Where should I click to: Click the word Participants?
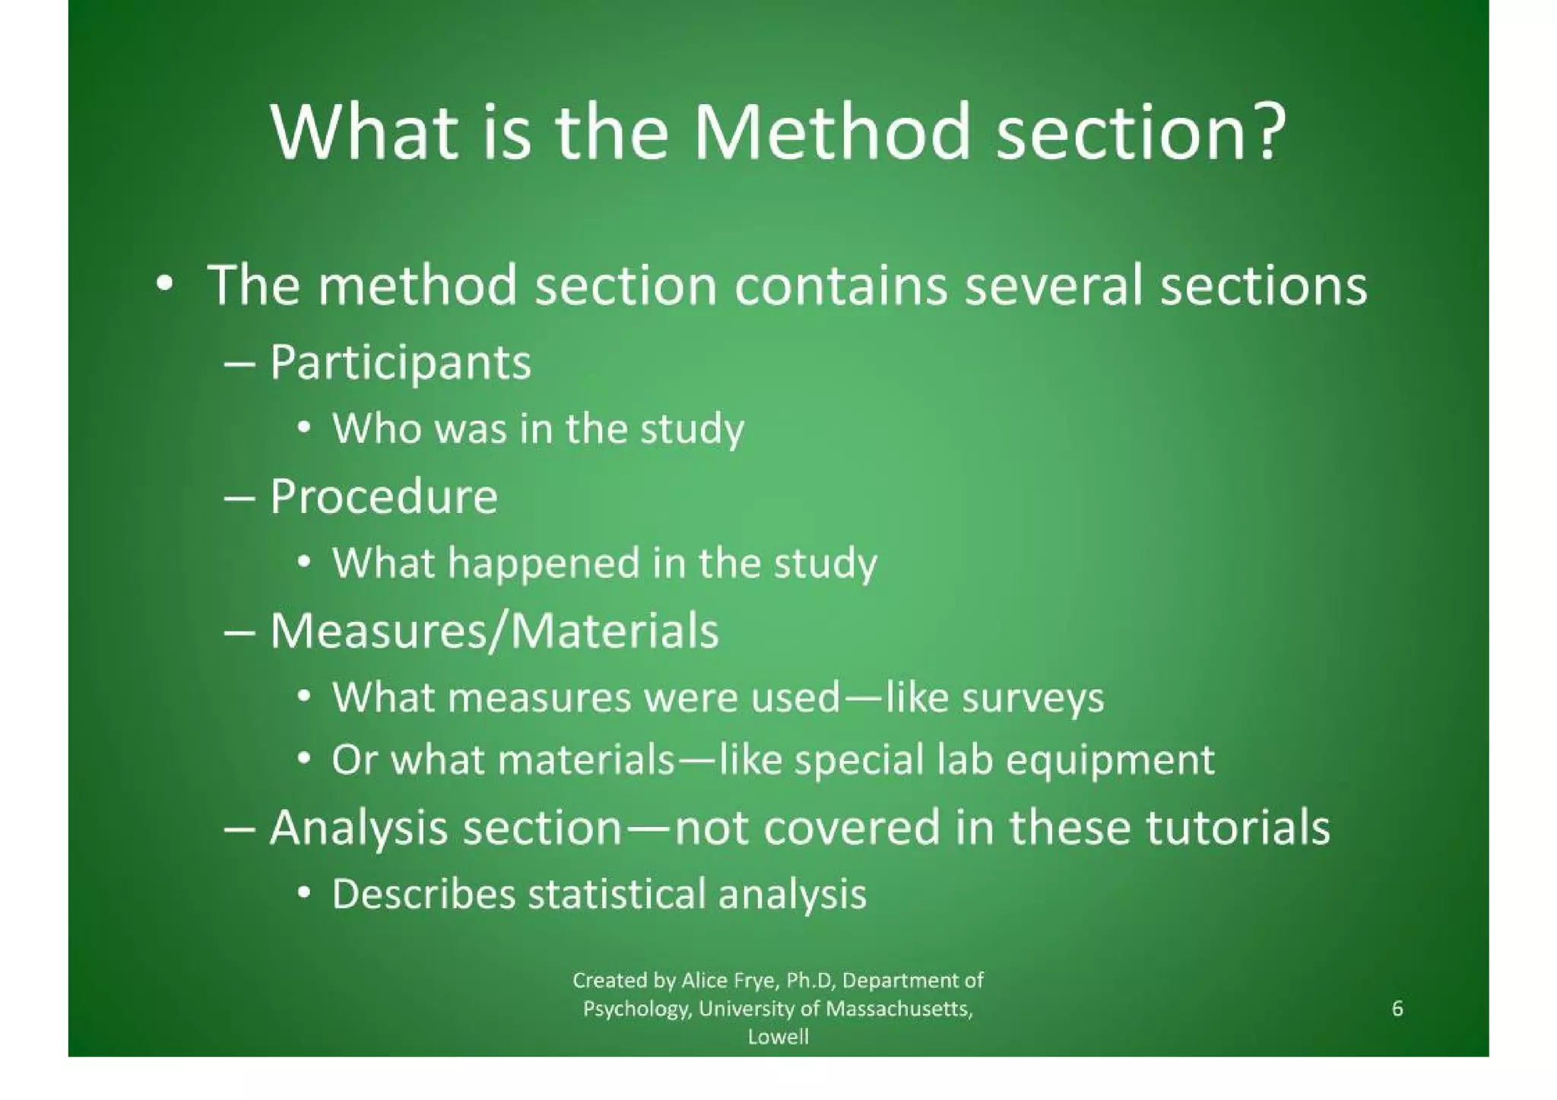(400, 363)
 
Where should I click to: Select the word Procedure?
(384, 497)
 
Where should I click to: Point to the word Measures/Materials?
(494, 631)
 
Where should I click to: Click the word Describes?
(423, 893)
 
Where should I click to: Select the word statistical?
(617, 893)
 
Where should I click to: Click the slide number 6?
(1397, 1009)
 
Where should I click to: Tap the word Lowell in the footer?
(778, 1037)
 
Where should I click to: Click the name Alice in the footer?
(705, 981)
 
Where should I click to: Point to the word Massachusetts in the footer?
(899, 1009)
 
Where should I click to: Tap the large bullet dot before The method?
(163, 285)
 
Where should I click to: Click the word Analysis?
(358, 827)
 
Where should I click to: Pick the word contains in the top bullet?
(841, 286)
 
